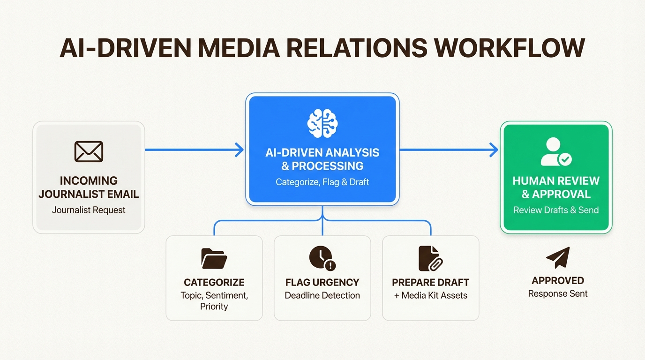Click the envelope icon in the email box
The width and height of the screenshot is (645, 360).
tap(89, 151)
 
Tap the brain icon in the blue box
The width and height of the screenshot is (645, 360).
tap(322, 123)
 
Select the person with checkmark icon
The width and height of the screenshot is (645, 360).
tap(556, 152)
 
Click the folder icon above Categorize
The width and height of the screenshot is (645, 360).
tap(214, 258)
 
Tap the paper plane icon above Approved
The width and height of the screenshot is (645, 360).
tap(558, 257)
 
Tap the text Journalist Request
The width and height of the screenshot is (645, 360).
tap(89, 210)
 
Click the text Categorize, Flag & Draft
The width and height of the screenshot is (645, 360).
tap(322, 182)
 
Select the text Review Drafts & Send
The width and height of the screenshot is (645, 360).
tap(556, 210)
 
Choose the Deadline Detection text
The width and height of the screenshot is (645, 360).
tap(322, 295)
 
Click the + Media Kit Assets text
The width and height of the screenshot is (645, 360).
tap(430, 295)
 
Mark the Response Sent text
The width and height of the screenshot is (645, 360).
tap(558, 294)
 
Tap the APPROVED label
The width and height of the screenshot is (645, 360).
tap(558, 281)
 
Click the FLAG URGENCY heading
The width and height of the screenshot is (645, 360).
tap(322, 282)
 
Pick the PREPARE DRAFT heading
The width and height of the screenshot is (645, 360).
tap(430, 282)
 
